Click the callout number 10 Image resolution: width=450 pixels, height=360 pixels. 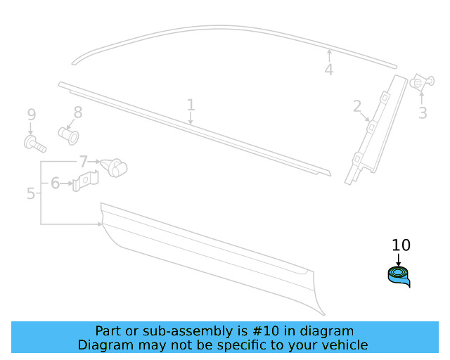pyautogui.click(x=400, y=245)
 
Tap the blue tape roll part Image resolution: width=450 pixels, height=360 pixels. pyautogui.click(x=399, y=276)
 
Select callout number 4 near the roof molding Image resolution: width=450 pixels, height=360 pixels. pyautogui.click(x=328, y=70)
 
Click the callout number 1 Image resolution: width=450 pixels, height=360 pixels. pyautogui.click(x=191, y=105)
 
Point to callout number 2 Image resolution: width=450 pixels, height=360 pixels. pyautogui.click(x=357, y=107)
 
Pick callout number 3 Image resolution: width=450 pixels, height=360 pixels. pyautogui.click(x=423, y=112)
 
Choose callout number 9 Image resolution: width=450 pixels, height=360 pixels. pyautogui.click(x=31, y=115)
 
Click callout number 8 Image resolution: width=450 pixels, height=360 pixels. pyautogui.click(x=77, y=112)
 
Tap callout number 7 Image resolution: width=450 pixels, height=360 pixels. pyautogui.click(x=83, y=162)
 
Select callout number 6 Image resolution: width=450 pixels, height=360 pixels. pyautogui.click(x=55, y=184)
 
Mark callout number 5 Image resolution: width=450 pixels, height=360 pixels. pyautogui.click(x=30, y=193)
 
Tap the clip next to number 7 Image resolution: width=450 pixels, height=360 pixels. pyautogui.click(x=115, y=168)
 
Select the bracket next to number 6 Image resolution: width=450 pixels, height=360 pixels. pyautogui.click(x=86, y=184)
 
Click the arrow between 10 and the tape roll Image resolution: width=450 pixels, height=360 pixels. pyautogui.click(x=399, y=259)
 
